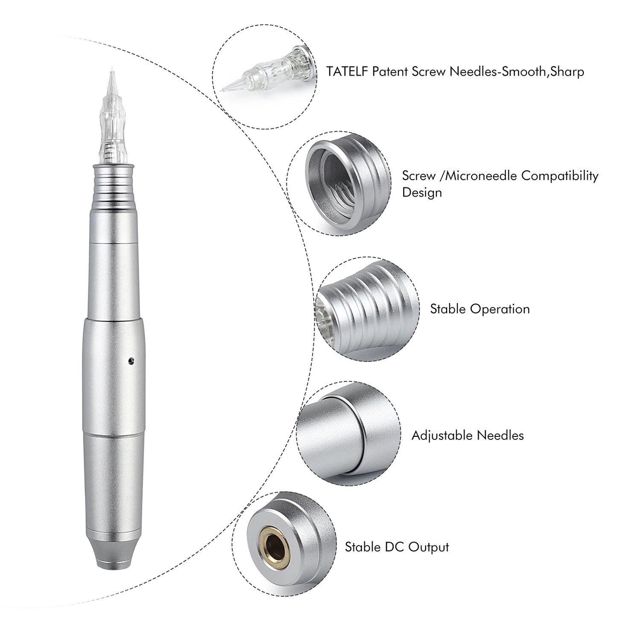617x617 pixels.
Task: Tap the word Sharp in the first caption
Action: pos(567,71)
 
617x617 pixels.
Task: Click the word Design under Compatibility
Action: pos(422,192)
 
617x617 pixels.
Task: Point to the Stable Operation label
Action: pos(480,309)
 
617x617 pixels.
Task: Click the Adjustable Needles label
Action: pos(468,436)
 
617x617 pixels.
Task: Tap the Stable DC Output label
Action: pos(397,547)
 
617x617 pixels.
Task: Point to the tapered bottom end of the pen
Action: pos(113,555)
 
